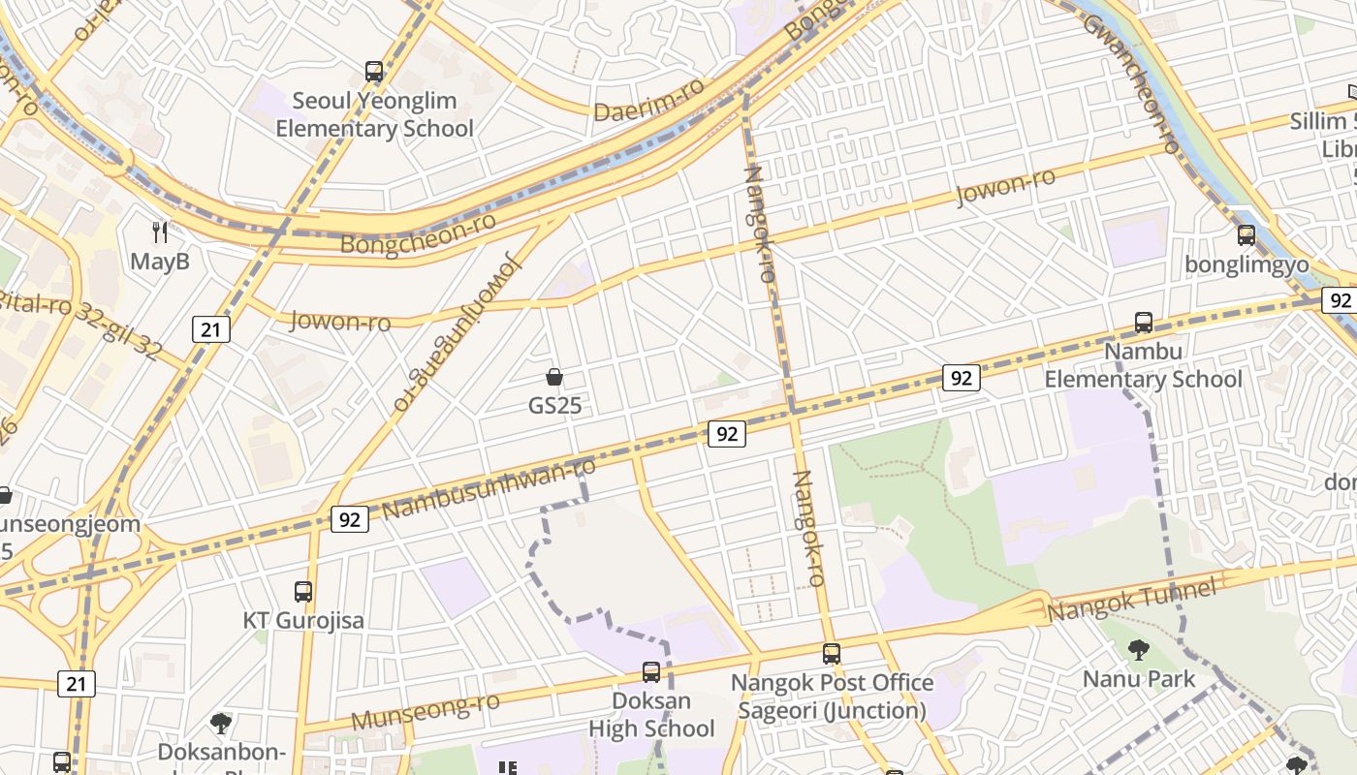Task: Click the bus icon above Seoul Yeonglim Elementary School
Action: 374,71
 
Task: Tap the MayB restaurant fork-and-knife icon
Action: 161,232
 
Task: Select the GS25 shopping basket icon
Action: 554,377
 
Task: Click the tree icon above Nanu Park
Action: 1139,650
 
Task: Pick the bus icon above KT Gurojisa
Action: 303,591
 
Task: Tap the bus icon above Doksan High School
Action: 651,671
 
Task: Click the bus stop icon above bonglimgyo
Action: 1247,235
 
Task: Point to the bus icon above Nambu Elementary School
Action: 1144,323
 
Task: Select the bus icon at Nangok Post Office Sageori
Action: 831,654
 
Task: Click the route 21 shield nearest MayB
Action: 210,329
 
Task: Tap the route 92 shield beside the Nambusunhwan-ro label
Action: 350,519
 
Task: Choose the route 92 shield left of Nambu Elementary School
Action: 961,378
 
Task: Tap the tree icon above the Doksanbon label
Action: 221,723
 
